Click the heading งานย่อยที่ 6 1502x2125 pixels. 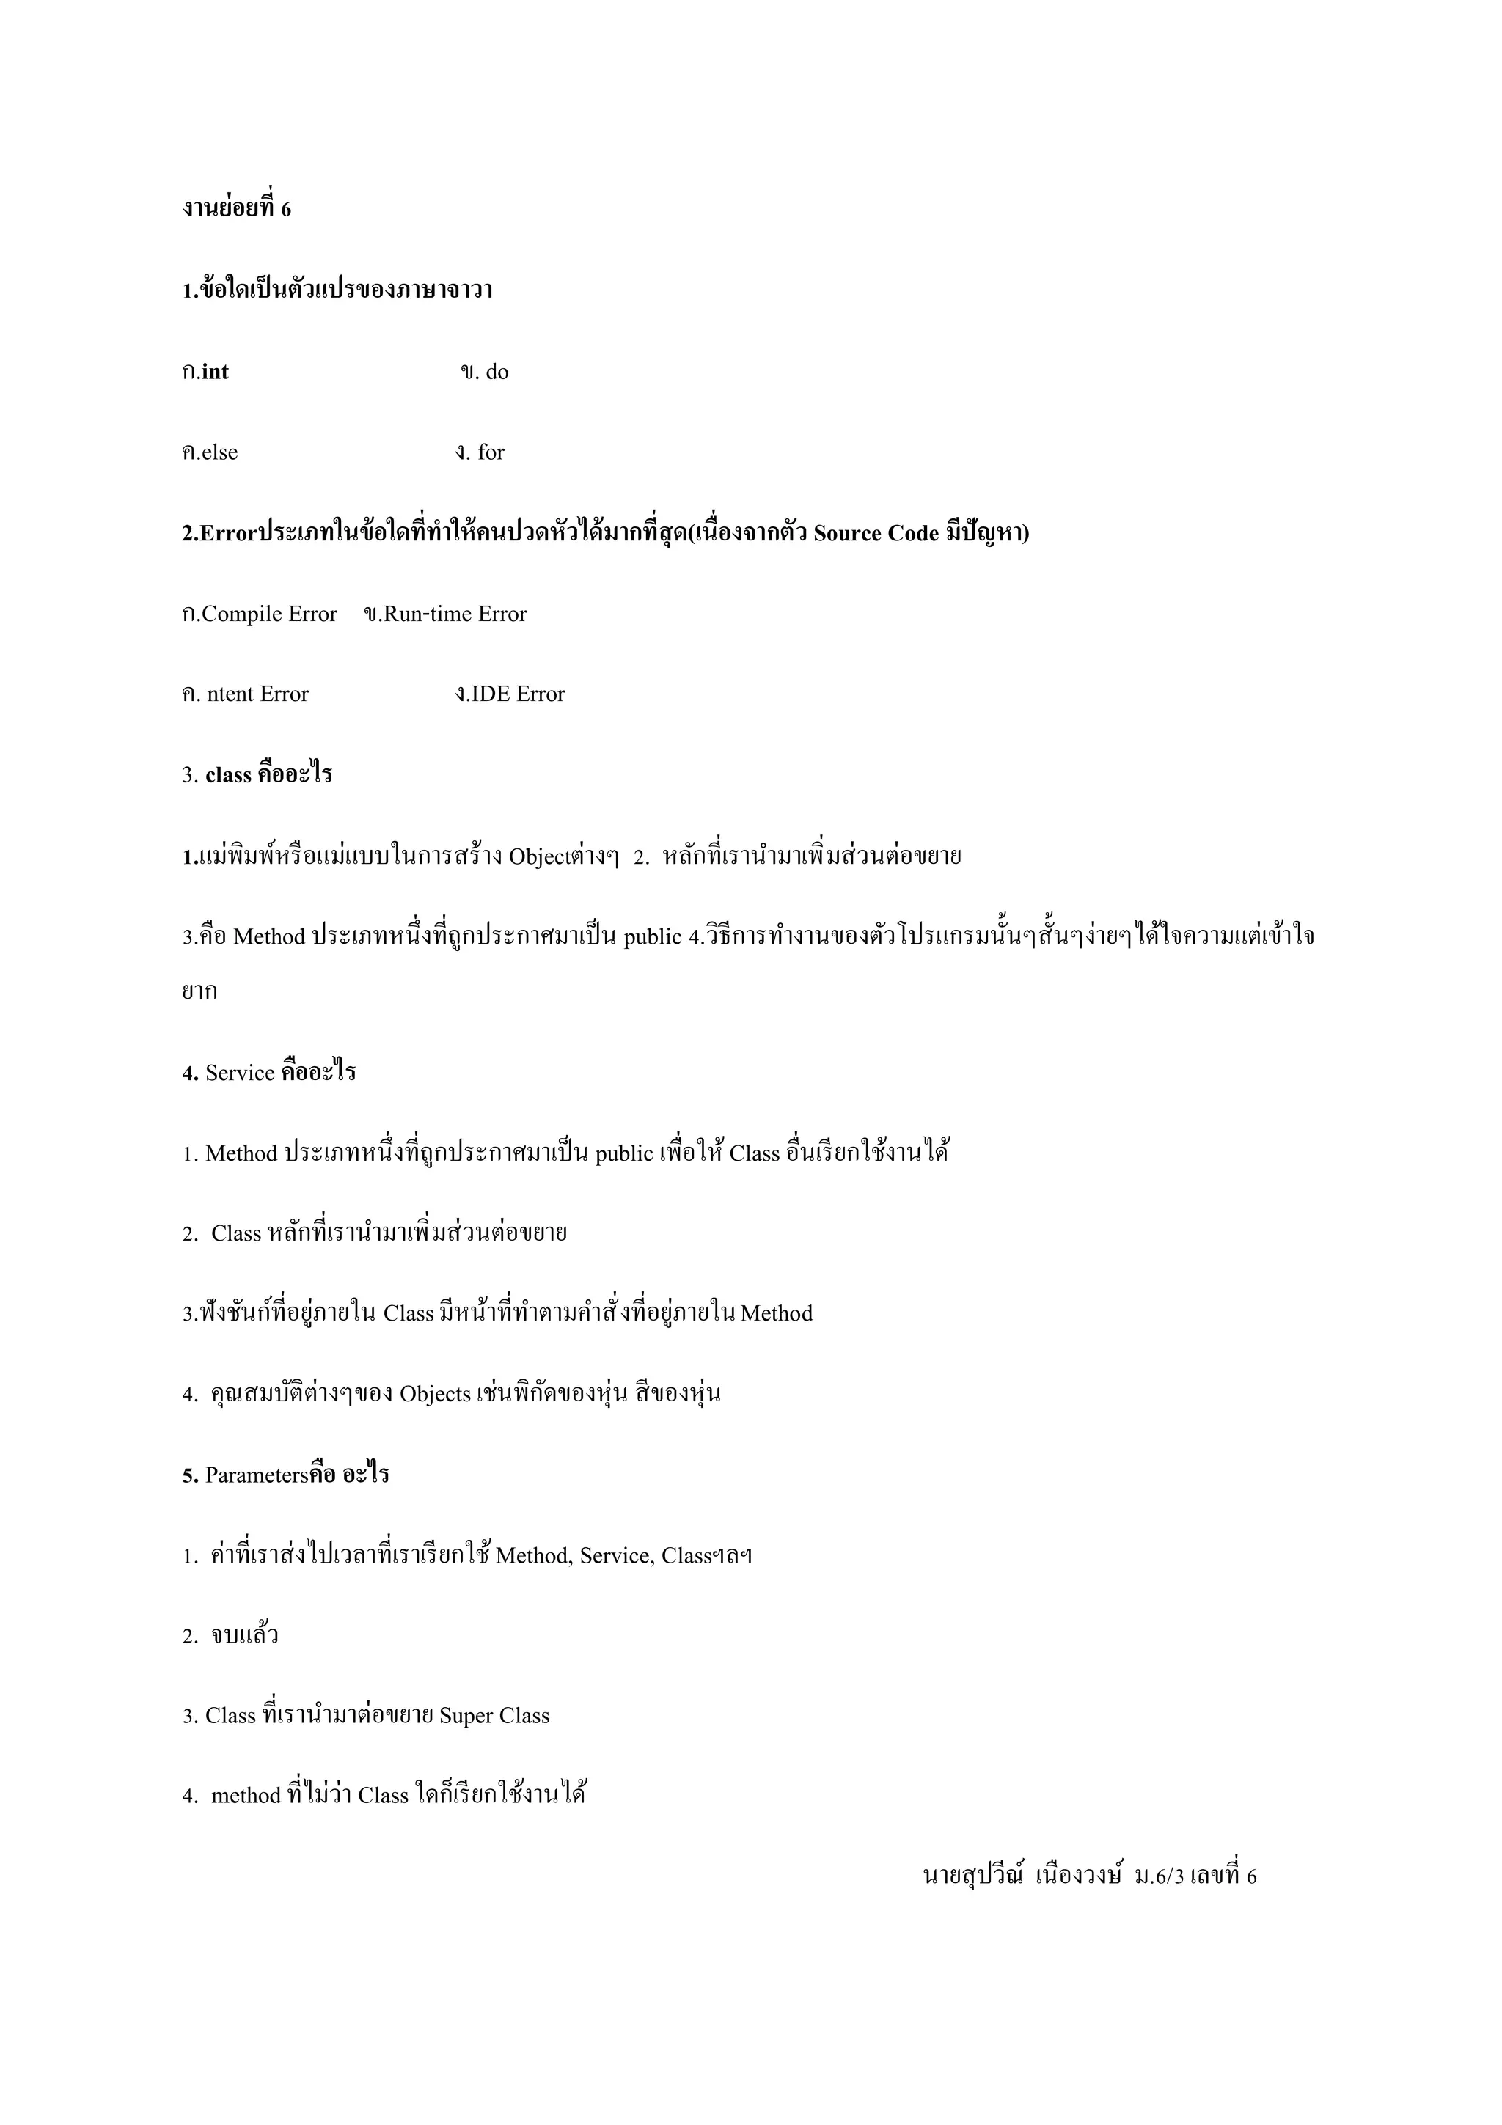[x=236, y=209]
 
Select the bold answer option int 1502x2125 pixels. [x=215, y=372]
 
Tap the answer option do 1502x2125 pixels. [x=497, y=372]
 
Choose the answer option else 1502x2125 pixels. [x=219, y=452]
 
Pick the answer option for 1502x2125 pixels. [x=491, y=452]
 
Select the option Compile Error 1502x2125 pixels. [x=268, y=614]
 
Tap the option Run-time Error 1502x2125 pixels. [x=455, y=614]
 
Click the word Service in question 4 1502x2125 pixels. [x=240, y=1073]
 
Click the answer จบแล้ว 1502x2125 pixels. [x=244, y=1635]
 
